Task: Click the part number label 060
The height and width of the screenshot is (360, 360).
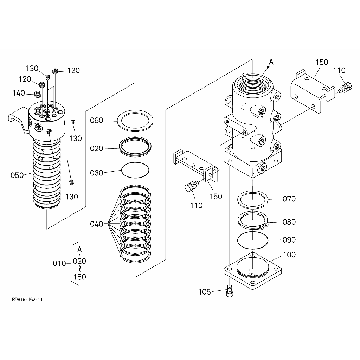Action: pyautogui.click(x=96, y=121)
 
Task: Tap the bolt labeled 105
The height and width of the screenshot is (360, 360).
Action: pyautogui.click(x=230, y=291)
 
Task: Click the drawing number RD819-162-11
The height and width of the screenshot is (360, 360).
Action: pyautogui.click(x=27, y=300)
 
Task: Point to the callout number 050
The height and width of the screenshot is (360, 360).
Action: pyautogui.click(x=17, y=175)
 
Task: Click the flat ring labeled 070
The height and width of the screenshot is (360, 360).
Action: pyautogui.click(x=239, y=200)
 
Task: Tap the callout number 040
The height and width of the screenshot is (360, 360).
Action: pyautogui.click(x=96, y=224)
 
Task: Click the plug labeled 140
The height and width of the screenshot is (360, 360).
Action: pyautogui.click(x=38, y=94)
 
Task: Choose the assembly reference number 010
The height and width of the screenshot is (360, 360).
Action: pyautogui.click(x=59, y=263)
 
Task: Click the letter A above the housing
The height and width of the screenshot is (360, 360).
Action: pyautogui.click(x=271, y=62)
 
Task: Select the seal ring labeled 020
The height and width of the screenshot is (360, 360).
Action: pyautogui.click(x=120, y=147)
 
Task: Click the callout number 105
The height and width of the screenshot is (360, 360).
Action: pyautogui.click(x=205, y=292)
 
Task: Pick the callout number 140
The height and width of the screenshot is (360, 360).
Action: pyautogui.click(x=19, y=93)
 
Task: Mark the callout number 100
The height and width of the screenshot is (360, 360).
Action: pyautogui.click(x=289, y=255)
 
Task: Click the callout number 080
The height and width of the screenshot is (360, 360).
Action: pyautogui.click(x=289, y=222)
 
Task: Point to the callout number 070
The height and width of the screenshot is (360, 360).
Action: pyautogui.click(x=289, y=199)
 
